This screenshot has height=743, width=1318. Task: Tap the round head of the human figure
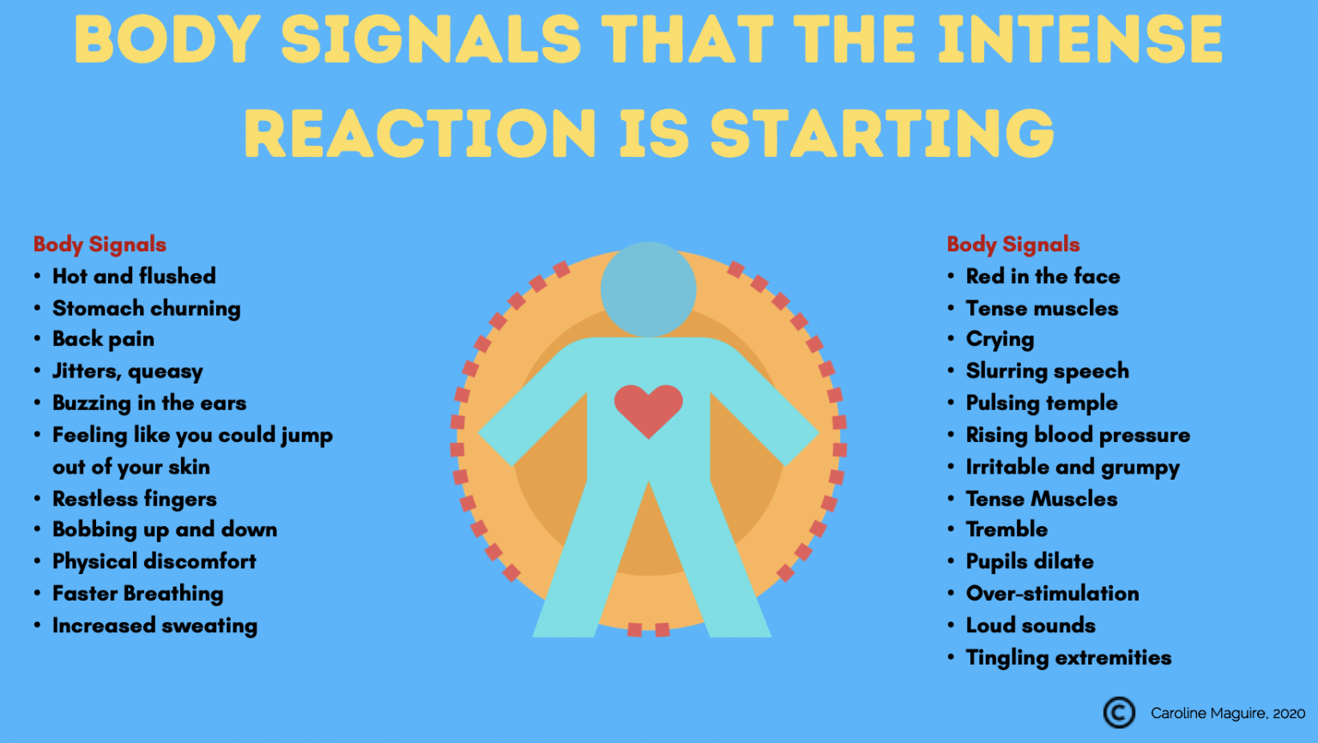[x=649, y=289]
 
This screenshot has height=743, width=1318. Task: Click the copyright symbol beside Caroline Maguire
[x=1119, y=712]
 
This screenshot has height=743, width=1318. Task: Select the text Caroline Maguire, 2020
[x=1227, y=713]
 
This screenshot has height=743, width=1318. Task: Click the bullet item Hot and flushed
[x=134, y=276]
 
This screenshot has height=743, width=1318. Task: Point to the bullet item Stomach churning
[x=146, y=308]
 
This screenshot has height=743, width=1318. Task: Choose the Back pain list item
[x=103, y=339]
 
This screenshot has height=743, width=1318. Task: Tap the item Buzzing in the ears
[x=149, y=403]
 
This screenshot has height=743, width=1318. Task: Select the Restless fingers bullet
[x=134, y=499]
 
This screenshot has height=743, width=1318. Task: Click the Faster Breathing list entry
[x=137, y=594]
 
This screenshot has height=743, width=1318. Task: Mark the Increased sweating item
[x=154, y=626]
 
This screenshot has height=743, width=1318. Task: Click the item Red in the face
[x=1043, y=276]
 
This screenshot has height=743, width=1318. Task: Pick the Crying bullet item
[x=1000, y=340]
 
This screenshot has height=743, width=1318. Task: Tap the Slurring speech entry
[x=1047, y=371]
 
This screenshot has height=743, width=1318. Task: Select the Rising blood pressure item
[x=1078, y=435]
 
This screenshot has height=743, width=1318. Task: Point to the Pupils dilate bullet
[x=1030, y=562]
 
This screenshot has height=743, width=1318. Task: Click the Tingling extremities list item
[x=1068, y=658]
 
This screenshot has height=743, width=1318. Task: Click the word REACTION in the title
[x=420, y=135]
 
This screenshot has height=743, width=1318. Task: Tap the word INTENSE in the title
[x=1079, y=40]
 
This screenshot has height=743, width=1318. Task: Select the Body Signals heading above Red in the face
[x=1013, y=245]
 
